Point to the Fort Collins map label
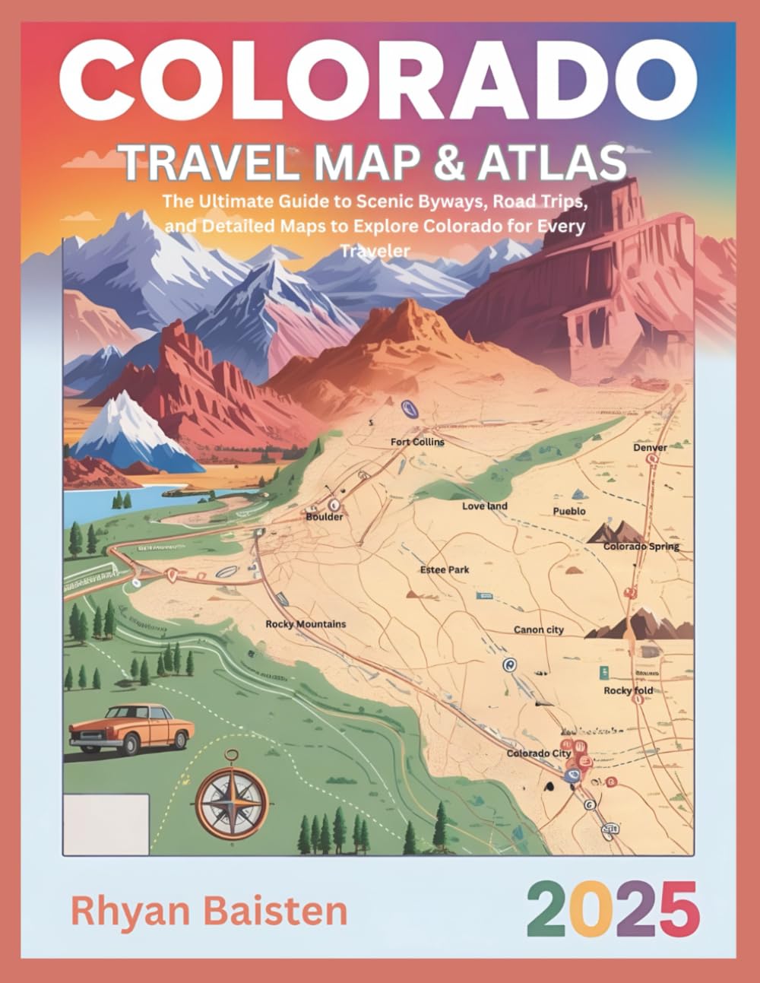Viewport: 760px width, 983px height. click(x=417, y=442)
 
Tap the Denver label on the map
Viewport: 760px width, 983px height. click(x=650, y=448)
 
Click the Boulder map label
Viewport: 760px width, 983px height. click(x=325, y=517)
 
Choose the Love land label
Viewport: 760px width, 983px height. click(x=485, y=506)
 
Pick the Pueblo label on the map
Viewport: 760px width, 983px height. click(x=569, y=512)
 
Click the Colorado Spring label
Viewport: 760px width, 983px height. click(x=641, y=547)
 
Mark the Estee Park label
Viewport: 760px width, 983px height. click(x=445, y=569)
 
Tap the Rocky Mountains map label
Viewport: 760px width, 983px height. click(x=306, y=624)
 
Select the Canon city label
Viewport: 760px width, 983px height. click(x=539, y=629)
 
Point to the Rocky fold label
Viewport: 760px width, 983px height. click(x=628, y=690)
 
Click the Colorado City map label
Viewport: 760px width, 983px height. click(x=538, y=753)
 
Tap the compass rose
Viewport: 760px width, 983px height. click(x=227, y=794)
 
